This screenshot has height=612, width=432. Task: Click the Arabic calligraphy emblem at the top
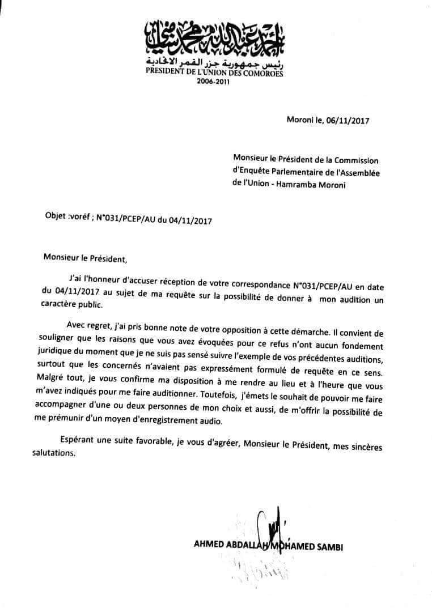click(214, 37)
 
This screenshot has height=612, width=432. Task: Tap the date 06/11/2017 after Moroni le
click(344, 121)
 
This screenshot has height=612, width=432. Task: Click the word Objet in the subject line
click(54, 216)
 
